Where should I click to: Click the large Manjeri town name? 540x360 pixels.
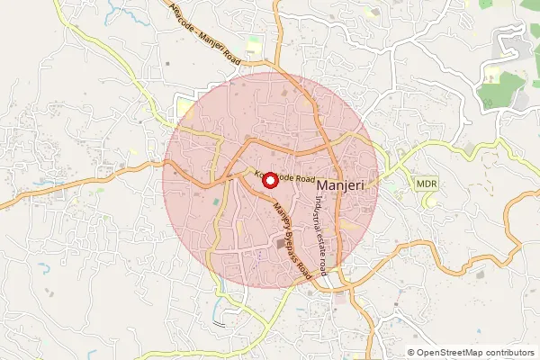[346, 184]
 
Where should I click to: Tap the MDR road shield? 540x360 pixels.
[426, 184]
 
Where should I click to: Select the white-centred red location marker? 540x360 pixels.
[268, 180]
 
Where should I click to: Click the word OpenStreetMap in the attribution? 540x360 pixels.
[456, 353]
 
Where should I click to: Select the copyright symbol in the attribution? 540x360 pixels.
[411, 353]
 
